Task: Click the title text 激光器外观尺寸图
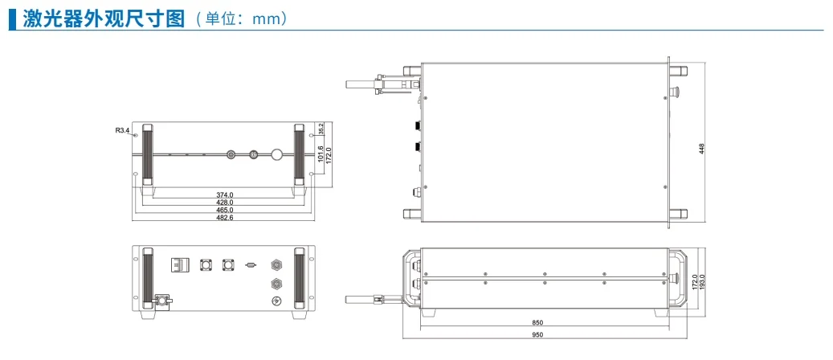point(104,18)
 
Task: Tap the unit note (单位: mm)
point(242,19)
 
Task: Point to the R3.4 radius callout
point(122,130)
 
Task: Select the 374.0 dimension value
point(225,194)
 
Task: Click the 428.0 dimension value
point(225,202)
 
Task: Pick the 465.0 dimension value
point(225,211)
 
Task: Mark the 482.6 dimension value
point(225,218)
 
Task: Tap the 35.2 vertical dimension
point(321,128)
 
